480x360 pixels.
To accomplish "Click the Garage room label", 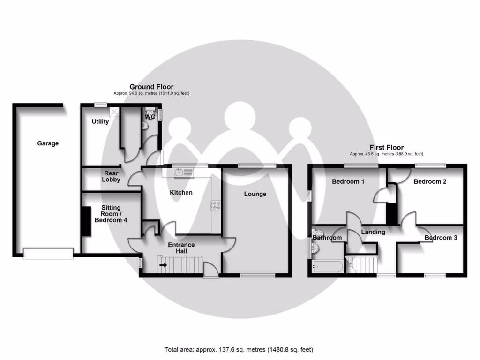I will [48, 143].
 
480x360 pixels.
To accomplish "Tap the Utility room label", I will [100, 122].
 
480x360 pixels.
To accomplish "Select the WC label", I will [150, 117].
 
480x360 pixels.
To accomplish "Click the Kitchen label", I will [181, 192].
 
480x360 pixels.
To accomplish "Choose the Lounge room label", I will [255, 194].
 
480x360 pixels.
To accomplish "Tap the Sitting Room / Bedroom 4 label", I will [111, 214].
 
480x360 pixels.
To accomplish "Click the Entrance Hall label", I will [181, 248].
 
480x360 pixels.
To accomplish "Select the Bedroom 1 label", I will [348, 181].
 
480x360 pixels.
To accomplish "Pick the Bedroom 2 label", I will [430, 181].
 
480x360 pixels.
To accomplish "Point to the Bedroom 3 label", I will [441, 238].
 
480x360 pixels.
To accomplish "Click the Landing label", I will [373, 232].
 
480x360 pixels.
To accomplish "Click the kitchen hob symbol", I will [217, 205].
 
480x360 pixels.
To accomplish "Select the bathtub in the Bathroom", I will [327, 268].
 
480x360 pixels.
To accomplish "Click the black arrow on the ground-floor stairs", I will [163, 265].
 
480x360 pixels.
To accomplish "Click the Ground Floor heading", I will [151, 87].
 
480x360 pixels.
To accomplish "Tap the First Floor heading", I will [386, 147].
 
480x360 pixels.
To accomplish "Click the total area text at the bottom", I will [239, 349].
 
